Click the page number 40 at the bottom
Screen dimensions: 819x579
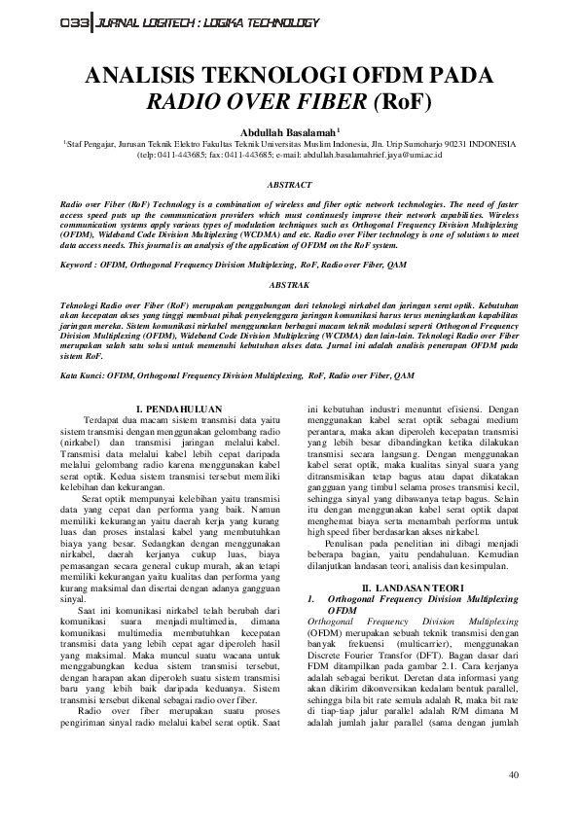pyautogui.click(x=515, y=775)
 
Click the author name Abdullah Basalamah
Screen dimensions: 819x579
pyautogui.click(x=285, y=131)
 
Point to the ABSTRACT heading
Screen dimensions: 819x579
pyautogui.click(x=289, y=184)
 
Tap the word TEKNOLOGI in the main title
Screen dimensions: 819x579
pyautogui.click(x=260, y=78)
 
